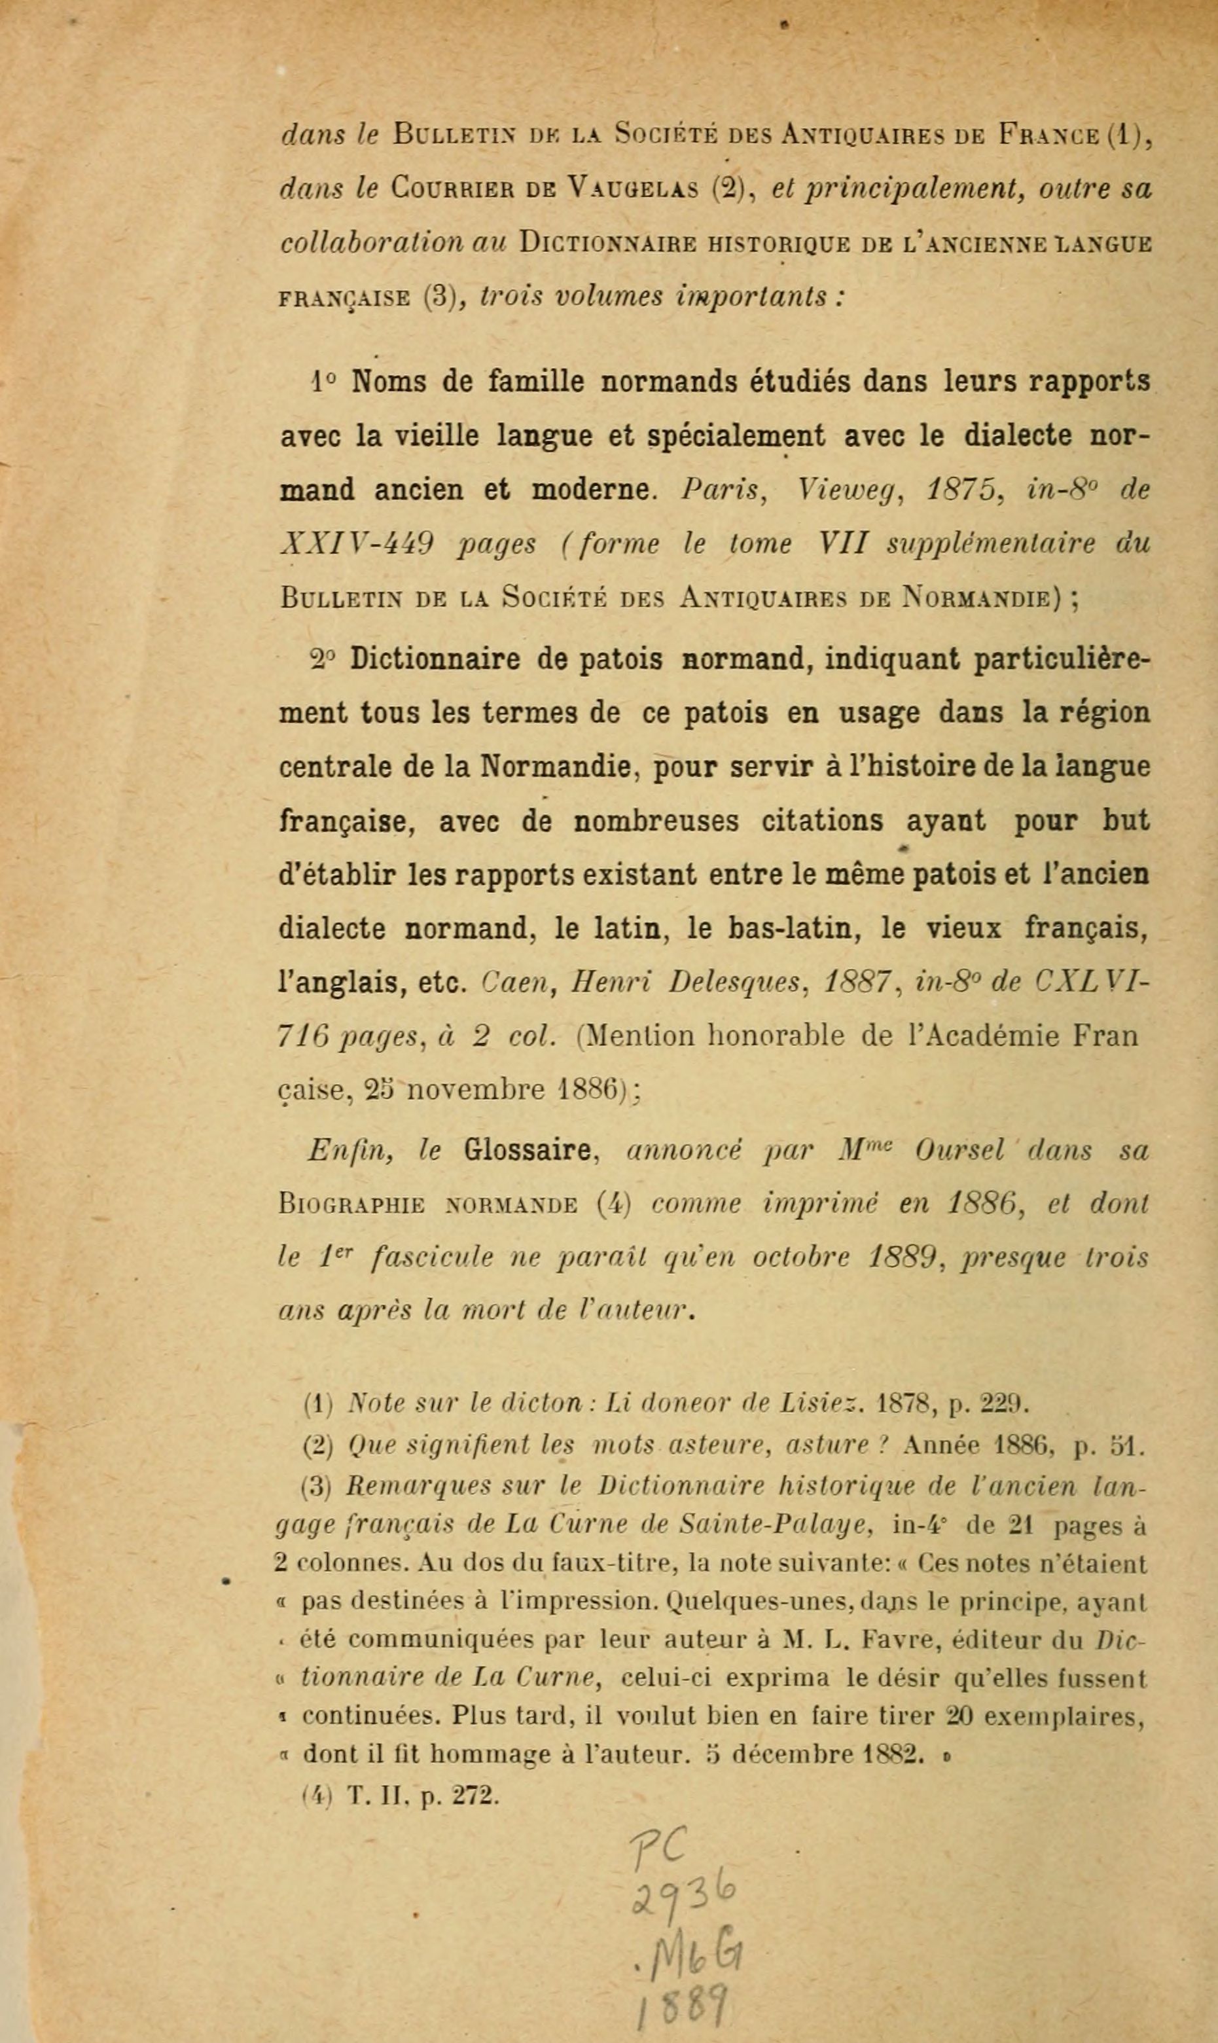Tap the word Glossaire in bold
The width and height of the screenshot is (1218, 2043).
(528, 1151)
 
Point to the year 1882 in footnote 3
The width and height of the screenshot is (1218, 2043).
(895, 1755)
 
